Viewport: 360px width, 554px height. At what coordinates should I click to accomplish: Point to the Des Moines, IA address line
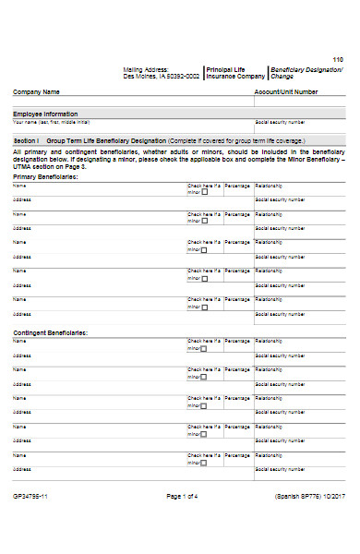click(162, 77)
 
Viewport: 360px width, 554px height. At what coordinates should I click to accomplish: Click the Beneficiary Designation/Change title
click(306, 73)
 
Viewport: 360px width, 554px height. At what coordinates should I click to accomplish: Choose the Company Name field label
click(36, 92)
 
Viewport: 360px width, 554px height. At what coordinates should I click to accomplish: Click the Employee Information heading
click(44, 114)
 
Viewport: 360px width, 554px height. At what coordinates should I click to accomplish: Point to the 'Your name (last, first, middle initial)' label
click(51, 122)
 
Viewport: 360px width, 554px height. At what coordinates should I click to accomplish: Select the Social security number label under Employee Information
click(280, 122)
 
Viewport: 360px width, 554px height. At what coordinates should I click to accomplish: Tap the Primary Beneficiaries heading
click(44, 175)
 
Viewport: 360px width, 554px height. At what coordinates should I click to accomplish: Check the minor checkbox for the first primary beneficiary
click(205, 192)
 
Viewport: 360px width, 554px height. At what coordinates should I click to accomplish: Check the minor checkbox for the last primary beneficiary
click(205, 307)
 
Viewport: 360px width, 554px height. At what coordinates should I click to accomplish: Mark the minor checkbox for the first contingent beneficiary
click(205, 347)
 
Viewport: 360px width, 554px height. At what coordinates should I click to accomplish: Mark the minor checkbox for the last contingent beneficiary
click(205, 462)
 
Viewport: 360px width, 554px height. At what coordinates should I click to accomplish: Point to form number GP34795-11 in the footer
click(30, 496)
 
